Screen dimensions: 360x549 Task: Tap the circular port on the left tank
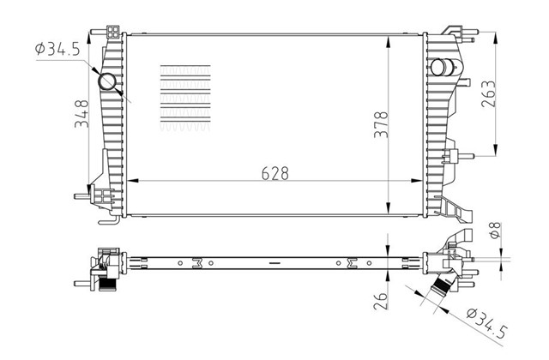coord(110,81)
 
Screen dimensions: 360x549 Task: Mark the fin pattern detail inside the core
coord(185,97)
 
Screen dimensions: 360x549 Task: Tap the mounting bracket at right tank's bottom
coord(451,207)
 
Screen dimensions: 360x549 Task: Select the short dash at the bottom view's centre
coord(274,259)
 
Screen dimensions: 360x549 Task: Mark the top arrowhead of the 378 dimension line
coord(389,39)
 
